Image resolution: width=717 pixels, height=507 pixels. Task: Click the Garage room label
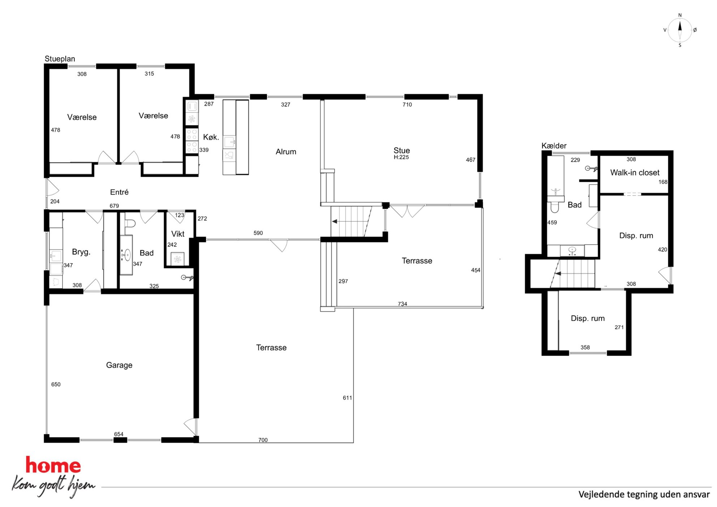pos(119,365)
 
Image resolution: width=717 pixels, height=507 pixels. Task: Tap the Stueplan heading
pos(60,59)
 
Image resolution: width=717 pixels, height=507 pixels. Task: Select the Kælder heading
pos(554,146)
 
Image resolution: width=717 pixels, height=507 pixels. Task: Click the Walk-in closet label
pos(635,173)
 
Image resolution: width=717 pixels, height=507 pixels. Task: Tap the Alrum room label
pos(286,152)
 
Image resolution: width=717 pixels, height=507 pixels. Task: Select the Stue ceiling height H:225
pos(401,158)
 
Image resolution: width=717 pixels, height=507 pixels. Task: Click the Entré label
pos(119,192)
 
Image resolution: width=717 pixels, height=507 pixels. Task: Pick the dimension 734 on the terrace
pos(402,304)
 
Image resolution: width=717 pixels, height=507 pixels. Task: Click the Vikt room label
pos(178,234)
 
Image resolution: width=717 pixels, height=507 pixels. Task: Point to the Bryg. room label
pos(81,252)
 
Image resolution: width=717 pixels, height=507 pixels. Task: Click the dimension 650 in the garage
pos(56,384)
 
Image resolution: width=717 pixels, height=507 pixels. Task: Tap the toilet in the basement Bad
pos(554,207)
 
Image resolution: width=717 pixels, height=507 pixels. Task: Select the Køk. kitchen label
pos(211,137)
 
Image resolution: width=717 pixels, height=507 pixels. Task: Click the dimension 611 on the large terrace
pos(347,398)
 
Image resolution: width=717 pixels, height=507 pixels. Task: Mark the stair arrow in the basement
pos(558,274)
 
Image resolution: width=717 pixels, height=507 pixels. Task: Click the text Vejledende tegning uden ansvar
pos(644,494)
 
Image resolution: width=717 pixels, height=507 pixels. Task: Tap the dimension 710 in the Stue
pos(407,105)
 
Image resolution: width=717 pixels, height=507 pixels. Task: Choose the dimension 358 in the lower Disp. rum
pos(585,348)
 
